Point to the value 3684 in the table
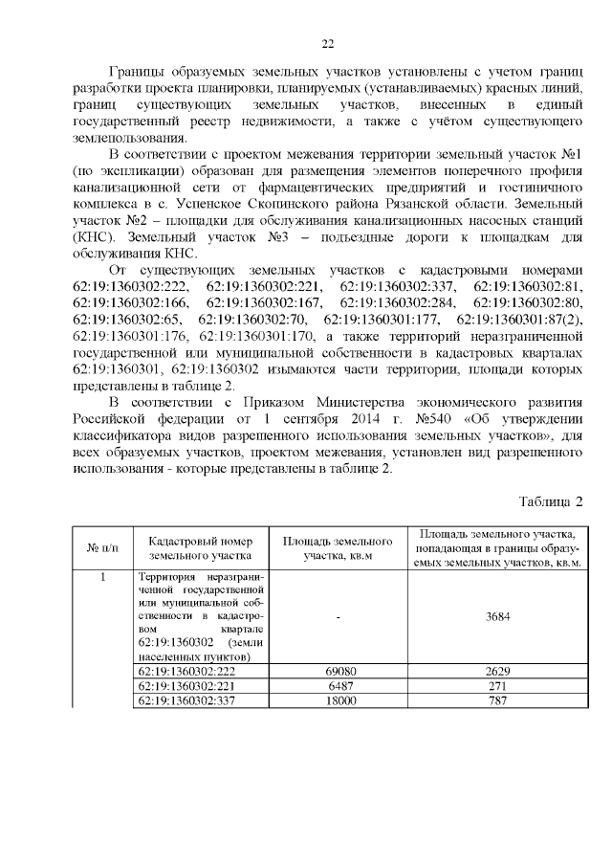496,617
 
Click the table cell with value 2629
496,672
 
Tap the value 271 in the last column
496,686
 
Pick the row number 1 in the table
102,577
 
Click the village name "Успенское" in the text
269,205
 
